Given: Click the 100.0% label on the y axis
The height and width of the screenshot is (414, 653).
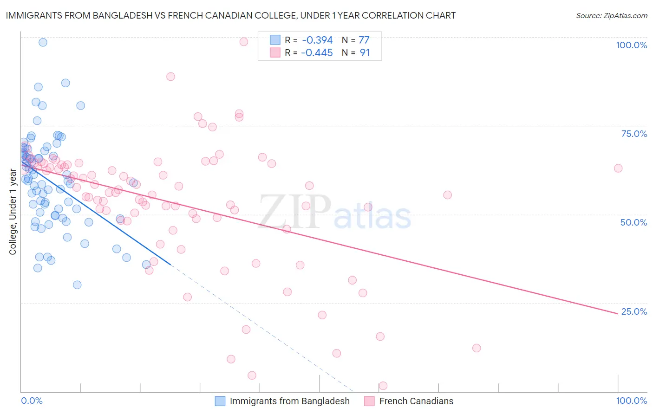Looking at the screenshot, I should [631, 45].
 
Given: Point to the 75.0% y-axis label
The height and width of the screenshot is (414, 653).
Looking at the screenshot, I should [634, 134].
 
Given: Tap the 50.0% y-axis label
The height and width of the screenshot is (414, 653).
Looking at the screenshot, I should [633, 222].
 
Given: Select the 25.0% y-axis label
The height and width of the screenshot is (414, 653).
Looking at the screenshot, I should [634, 311].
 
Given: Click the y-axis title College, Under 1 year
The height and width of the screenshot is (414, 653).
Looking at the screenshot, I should [13, 212].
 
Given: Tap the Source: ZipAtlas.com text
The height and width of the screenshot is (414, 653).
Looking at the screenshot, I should [611, 16].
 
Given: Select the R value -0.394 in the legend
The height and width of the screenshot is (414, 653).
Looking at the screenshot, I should [317, 40].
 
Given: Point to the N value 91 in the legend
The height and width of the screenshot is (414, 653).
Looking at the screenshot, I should [365, 53].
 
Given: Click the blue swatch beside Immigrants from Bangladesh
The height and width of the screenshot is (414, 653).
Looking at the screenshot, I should [220, 401].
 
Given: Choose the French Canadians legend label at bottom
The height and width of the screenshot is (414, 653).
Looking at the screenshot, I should [416, 401].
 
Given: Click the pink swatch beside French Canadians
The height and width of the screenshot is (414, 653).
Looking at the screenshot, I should [370, 401].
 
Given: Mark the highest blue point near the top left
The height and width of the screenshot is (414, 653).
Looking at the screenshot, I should [43, 42].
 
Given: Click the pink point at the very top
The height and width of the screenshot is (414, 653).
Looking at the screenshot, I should [244, 42].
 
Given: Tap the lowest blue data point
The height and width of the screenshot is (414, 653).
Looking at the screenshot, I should [77, 285].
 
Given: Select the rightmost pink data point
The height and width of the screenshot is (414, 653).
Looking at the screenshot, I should [618, 168].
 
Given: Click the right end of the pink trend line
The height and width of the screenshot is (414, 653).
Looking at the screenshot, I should [618, 314].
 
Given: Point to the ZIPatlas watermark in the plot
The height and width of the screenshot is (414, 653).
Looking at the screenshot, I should [335, 213].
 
